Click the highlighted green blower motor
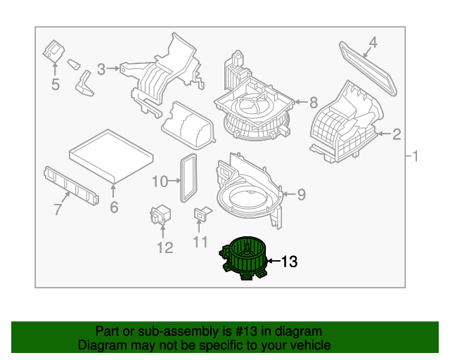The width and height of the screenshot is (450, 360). (243, 258)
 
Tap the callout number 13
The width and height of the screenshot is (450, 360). (289, 262)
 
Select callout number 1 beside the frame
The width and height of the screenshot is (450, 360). (415, 156)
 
